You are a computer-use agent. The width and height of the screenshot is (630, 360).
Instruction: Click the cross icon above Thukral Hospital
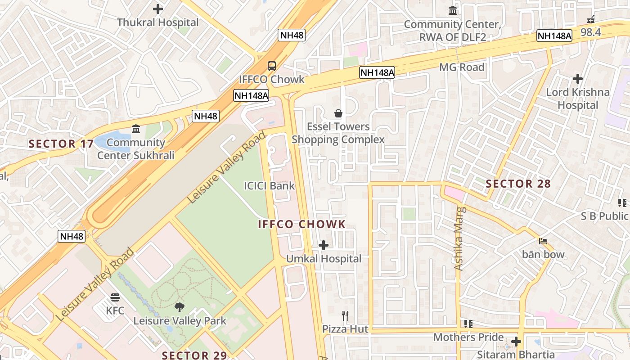tap(157, 9)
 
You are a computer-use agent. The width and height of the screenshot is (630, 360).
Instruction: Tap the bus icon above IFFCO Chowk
tap(272, 66)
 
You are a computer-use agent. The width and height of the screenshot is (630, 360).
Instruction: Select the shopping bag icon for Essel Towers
tap(338, 113)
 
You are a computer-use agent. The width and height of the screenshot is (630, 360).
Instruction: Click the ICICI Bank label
tap(269, 185)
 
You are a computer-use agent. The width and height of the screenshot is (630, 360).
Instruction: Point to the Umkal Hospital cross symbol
tap(323, 245)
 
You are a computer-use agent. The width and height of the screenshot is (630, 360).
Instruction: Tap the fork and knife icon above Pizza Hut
tap(345, 316)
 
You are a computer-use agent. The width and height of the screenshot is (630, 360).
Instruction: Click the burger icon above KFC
tap(115, 297)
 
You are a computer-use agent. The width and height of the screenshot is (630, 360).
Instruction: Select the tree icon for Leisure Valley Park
tap(180, 307)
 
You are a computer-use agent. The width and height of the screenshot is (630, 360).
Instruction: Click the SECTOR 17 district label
tap(61, 144)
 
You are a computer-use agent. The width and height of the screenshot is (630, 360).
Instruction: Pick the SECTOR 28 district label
tap(518, 184)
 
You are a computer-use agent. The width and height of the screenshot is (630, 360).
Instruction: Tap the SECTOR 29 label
tap(194, 355)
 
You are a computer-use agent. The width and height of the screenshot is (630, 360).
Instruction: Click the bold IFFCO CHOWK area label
tap(302, 224)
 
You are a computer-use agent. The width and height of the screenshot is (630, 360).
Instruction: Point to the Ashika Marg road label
tap(459, 238)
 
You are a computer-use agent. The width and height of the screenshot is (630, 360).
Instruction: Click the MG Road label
tap(462, 67)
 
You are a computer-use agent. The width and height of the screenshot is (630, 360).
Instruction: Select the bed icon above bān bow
tap(543, 241)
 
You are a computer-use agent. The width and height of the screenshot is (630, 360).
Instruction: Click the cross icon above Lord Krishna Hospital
tap(578, 79)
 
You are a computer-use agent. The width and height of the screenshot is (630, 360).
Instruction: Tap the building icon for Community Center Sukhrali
tap(136, 130)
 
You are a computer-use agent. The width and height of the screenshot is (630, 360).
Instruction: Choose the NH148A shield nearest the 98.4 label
tap(554, 36)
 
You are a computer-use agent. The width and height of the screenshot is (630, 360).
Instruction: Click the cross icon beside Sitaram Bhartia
tap(516, 342)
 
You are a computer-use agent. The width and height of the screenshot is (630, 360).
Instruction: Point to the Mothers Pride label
tap(468, 337)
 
